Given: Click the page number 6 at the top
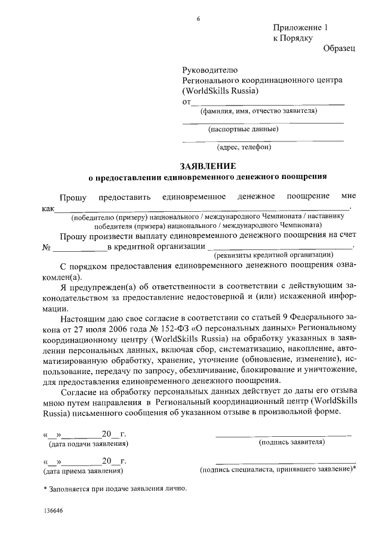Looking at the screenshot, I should click(x=198, y=19).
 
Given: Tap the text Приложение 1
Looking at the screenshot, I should click(x=301, y=27).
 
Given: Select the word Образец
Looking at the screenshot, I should click(x=339, y=48).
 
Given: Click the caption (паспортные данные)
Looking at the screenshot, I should click(x=243, y=128).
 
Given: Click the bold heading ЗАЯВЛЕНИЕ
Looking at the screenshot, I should click(x=208, y=165).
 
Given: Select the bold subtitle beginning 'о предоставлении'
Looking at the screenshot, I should click(x=208, y=177).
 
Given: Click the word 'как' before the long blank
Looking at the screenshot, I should click(x=48, y=209).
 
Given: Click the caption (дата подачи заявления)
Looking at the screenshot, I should click(x=88, y=444).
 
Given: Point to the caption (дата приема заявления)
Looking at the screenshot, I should click(x=82, y=471).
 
